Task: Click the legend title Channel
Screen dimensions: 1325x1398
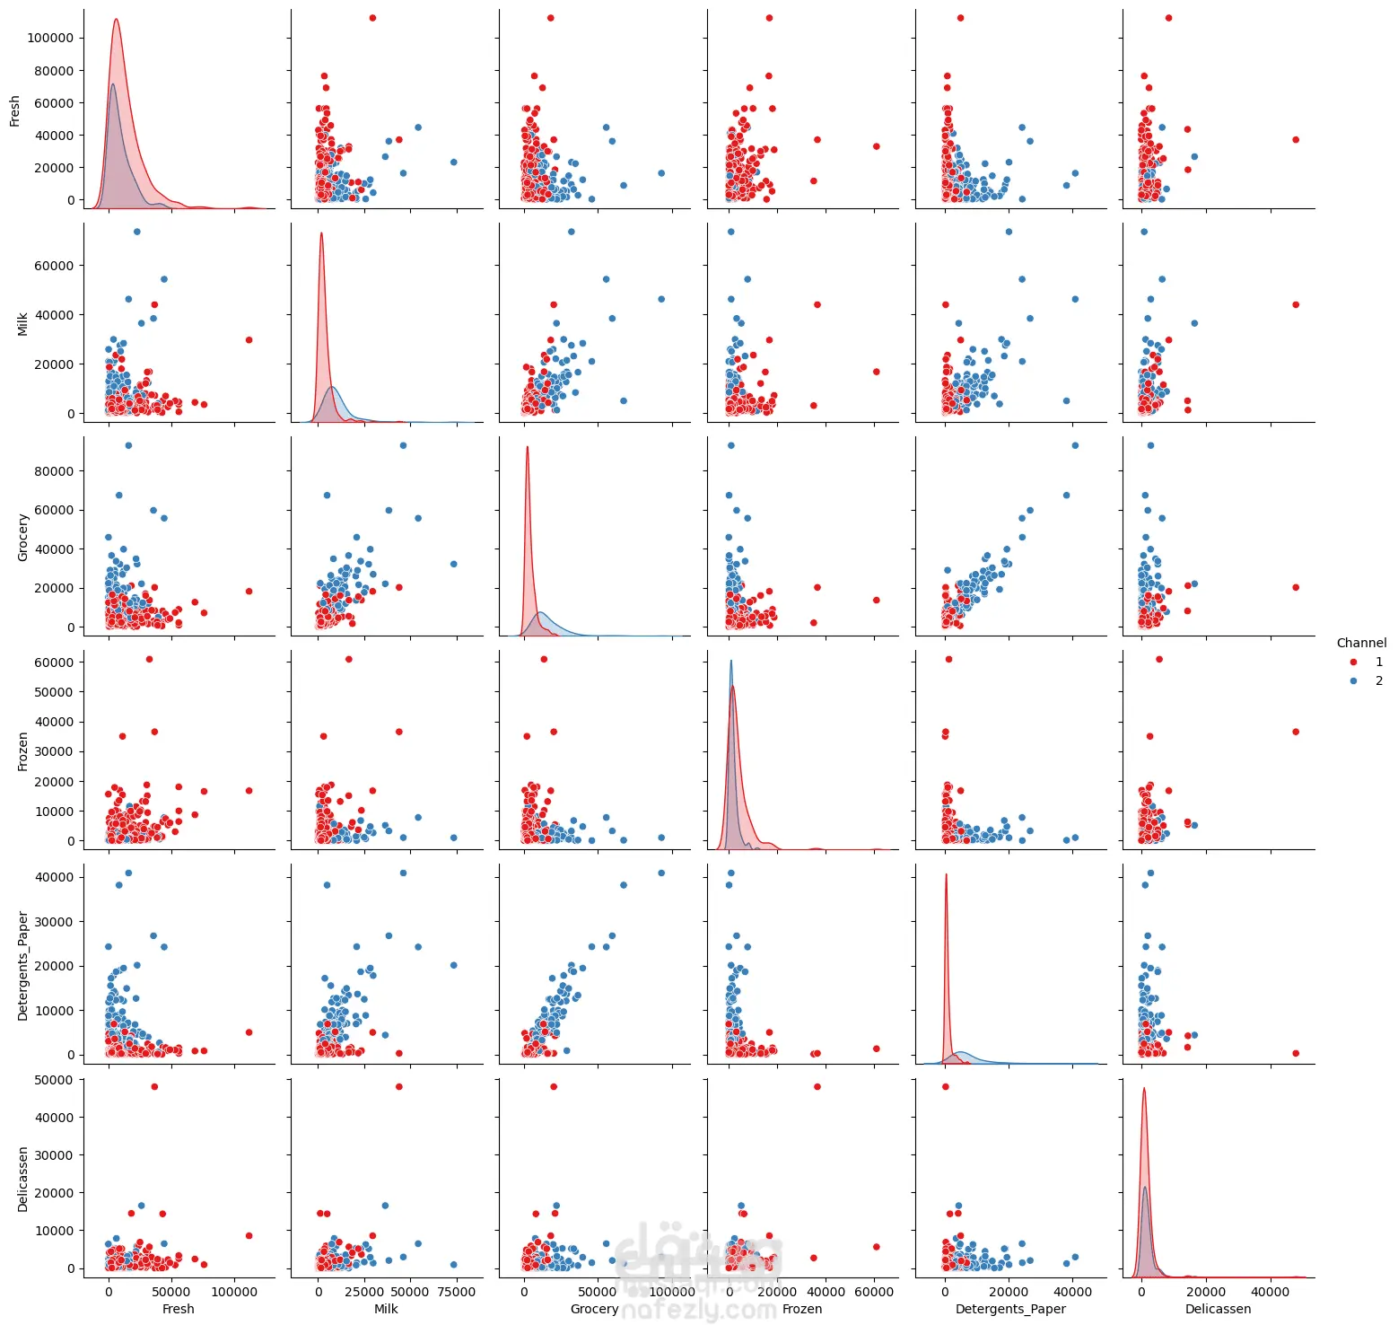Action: (x=1360, y=643)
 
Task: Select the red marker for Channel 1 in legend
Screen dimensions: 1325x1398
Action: (x=1353, y=662)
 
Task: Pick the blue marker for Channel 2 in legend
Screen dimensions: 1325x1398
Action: (x=1353, y=680)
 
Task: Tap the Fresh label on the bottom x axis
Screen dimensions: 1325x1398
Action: (x=178, y=1309)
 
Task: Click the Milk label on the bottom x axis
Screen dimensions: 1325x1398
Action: (x=386, y=1309)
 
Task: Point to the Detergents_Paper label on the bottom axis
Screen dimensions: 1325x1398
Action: (x=1010, y=1309)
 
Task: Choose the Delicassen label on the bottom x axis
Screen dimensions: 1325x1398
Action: (x=1218, y=1309)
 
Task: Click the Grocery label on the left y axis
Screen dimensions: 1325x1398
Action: (x=23, y=538)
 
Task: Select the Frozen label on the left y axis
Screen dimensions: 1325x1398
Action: (x=23, y=751)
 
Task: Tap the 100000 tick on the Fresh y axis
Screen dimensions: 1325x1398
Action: (x=50, y=38)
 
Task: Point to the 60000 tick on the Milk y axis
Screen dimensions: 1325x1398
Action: (x=54, y=266)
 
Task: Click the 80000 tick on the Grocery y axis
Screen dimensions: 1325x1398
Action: (x=54, y=471)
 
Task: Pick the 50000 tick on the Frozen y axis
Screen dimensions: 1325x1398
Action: (x=54, y=692)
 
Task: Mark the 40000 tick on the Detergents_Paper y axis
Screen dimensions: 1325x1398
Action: (x=54, y=877)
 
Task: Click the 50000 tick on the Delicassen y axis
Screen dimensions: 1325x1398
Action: (x=54, y=1080)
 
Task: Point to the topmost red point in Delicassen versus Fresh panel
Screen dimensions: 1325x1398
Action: (x=154, y=1086)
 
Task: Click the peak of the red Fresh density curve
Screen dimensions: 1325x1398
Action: (x=116, y=20)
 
